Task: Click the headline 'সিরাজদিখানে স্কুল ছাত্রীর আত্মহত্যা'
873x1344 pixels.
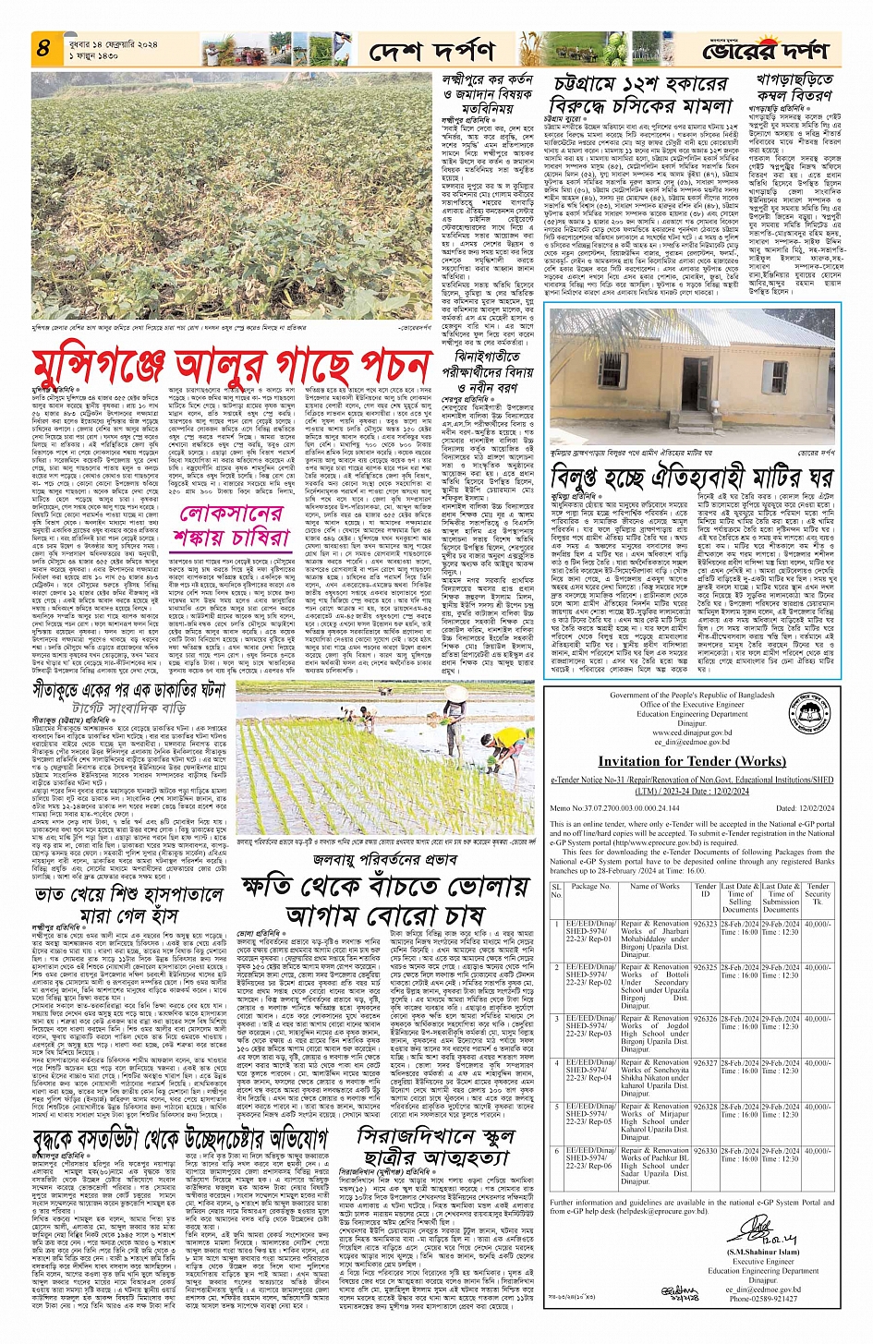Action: tap(435, 1145)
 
